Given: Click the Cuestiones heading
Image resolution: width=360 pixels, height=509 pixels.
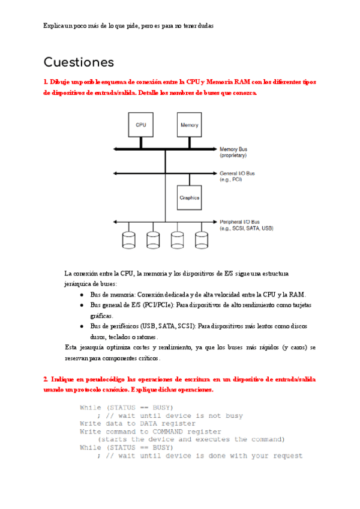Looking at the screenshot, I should (79, 62).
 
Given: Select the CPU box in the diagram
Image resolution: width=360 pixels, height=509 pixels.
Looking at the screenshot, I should (141, 125).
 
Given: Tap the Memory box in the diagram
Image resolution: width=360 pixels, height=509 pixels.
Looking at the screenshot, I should (190, 125).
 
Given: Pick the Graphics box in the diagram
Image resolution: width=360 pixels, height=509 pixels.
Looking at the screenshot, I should (190, 197).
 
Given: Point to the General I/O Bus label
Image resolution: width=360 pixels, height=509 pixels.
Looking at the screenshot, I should (237, 176).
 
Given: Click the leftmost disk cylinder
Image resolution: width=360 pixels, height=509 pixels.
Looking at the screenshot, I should (128, 240).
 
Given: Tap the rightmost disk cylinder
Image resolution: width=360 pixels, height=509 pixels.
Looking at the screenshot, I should (200, 240).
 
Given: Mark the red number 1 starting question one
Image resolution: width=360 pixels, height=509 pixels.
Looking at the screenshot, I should (45, 82).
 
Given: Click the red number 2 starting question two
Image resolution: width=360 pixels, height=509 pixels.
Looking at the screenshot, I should (45, 380).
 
